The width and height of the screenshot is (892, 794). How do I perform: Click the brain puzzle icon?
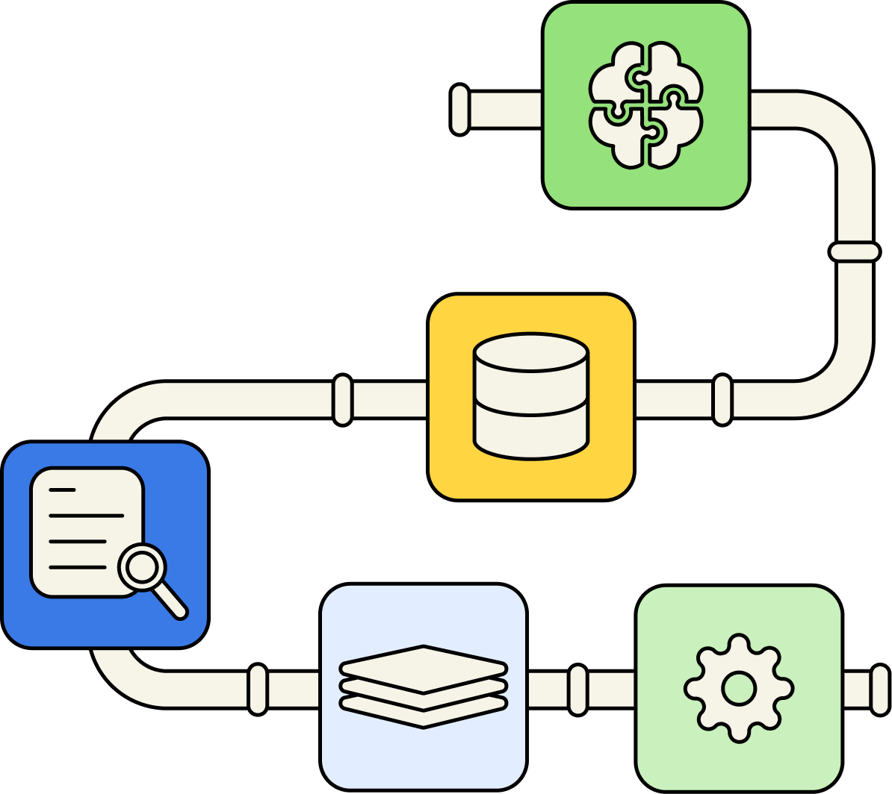point(646,104)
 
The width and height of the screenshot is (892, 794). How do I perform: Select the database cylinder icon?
point(531,396)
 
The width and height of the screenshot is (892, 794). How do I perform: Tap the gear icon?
point(739,688)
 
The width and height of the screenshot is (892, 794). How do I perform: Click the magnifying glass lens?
point(141,568)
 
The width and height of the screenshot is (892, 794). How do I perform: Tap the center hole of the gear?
point(739,688)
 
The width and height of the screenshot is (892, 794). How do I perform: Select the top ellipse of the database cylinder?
point(531,351)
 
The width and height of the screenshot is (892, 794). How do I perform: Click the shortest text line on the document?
point(62,490)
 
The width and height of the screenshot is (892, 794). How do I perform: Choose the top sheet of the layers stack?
point(424,664)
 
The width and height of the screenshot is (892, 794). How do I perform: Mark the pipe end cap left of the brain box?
point(460,110)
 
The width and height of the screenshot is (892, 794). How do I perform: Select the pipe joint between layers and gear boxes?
point(577,690)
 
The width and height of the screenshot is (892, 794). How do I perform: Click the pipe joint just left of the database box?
point(342,400)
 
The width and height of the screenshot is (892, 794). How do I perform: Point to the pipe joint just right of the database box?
point(722,400)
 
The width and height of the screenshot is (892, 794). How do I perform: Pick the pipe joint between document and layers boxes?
point(258,690)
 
